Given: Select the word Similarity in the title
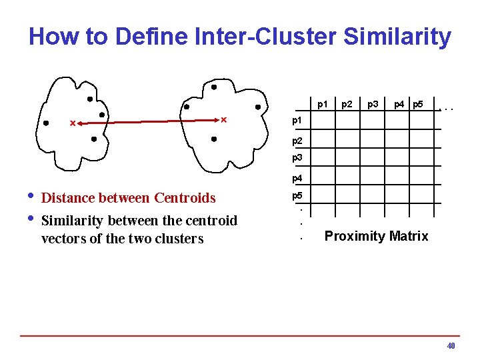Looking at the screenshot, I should tap(397, 37).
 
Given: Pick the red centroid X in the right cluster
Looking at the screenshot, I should tap(223, 120).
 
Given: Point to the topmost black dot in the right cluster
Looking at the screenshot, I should tap(213, 87).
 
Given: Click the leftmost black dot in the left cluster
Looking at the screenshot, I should tap(45, 123).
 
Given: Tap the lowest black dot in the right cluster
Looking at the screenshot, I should tap(213, 139).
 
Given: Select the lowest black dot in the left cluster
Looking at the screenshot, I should tap(94, 139).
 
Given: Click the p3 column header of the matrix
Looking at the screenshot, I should tap(373, 104).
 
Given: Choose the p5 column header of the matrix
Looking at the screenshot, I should tap(418, 104).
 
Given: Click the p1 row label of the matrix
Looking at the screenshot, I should tap(297, 121).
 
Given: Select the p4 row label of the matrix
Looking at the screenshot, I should tap(297, 178).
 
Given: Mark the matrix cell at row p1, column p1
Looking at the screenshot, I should tap(323, 121).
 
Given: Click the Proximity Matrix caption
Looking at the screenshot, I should tap(376, 236).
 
